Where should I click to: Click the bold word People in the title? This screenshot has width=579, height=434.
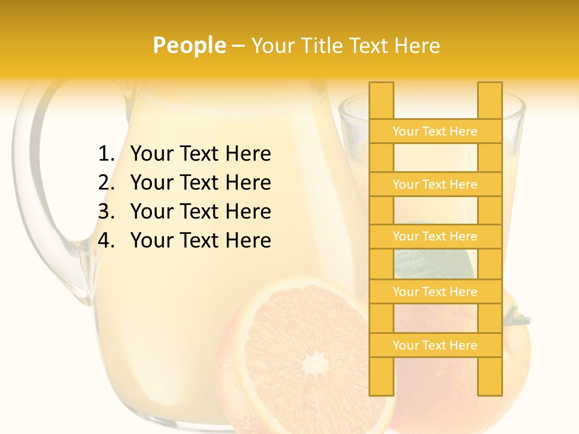click(189, 45)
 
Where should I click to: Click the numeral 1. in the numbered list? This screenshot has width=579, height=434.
click(106, 154)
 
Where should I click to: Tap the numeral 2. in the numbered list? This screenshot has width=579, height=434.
click(106, 183)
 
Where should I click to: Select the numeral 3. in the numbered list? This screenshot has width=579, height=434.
click(106, 212)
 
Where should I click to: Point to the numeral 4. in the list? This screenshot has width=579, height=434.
click(106, 241)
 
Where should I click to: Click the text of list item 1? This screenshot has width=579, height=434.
click(200, 154)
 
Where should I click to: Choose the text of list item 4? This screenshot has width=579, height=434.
click(200, 241)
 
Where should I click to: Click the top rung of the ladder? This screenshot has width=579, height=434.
click(435, 131)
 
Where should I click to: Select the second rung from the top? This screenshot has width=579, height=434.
click(435, 184)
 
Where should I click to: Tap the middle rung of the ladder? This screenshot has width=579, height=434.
click(435, 236)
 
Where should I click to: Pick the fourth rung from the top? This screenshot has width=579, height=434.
click(435, 292)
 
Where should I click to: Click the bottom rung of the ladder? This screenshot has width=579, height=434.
click(435, 345)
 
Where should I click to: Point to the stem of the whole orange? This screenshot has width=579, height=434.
click(516, 314)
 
